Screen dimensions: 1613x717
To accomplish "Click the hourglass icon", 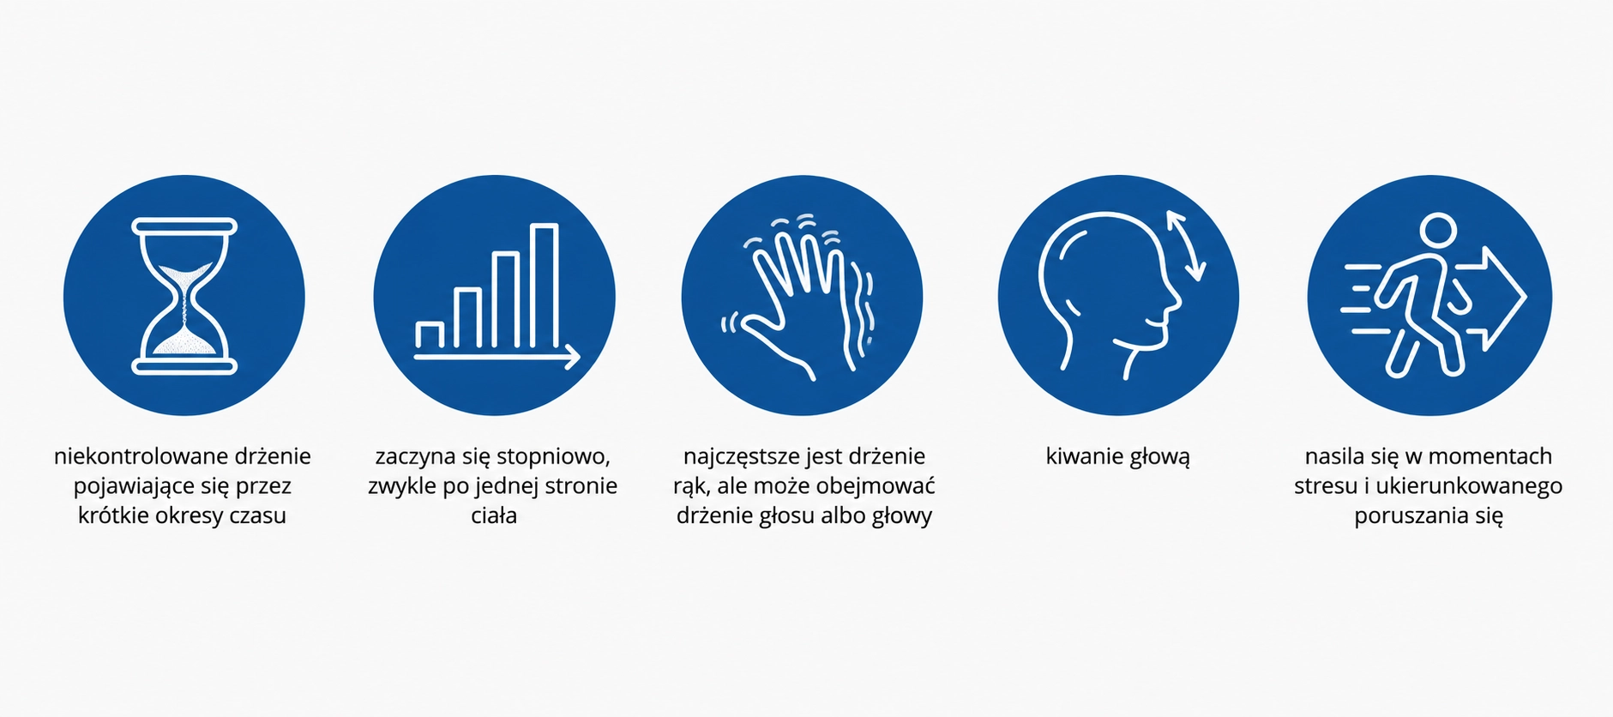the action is (184, 296).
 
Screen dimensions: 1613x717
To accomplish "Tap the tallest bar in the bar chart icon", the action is (545, 286).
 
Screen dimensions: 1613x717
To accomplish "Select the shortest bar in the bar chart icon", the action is (430, 335).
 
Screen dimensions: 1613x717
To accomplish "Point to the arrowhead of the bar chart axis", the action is (572, 357).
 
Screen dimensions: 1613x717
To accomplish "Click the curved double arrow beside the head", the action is (1186, 246).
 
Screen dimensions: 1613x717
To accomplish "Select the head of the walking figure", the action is (1438, 231).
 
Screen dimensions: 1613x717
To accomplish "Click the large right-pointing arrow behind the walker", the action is (1496, 298).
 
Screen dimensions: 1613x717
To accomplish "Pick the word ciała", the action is (494, 515).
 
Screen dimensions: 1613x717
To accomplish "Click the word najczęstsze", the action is (741, 457).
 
